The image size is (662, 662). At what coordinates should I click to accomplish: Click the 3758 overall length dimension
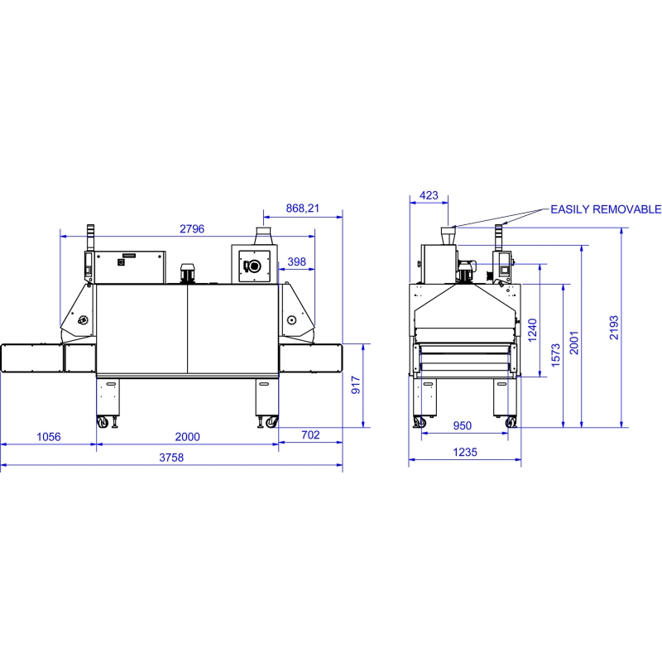click(x=171, y=458)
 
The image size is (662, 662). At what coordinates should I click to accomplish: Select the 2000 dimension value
click(x=188, y=437)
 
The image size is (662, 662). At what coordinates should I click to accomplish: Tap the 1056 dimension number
click(x=49, y=437)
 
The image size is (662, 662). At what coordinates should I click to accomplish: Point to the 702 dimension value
click(x=311, y=435)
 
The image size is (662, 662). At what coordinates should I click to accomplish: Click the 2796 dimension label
click(x=192, y=229)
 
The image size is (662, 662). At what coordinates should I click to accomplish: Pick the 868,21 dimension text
click(x=303, y=209)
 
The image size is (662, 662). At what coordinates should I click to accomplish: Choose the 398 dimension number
click(x=297, y=261)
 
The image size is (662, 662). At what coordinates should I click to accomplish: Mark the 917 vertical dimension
click(x=356, y=385)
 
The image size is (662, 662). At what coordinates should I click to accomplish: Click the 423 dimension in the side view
click(x=429, y=195)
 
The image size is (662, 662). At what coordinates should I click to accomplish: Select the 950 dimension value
click(x=463, y=425)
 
